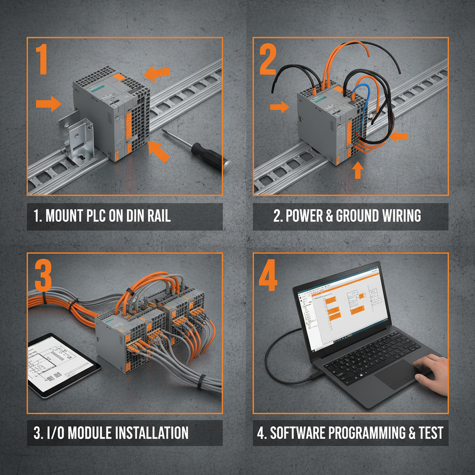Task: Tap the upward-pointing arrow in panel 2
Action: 357,170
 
